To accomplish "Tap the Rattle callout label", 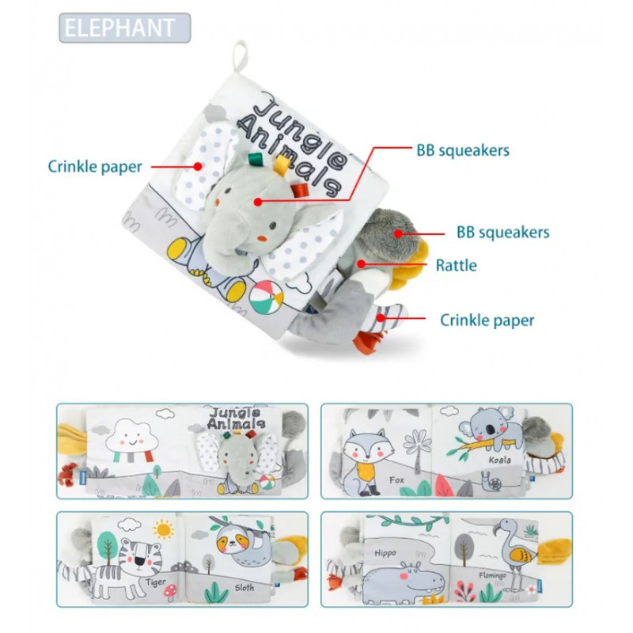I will point(456,266).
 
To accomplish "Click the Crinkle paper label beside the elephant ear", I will point(95,166).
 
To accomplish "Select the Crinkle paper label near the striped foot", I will point(487,320).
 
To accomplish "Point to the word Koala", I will point(499,461).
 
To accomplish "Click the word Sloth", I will point(244,588).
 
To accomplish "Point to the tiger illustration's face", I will point(138,555).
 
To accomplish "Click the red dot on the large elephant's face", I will point(258,201).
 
